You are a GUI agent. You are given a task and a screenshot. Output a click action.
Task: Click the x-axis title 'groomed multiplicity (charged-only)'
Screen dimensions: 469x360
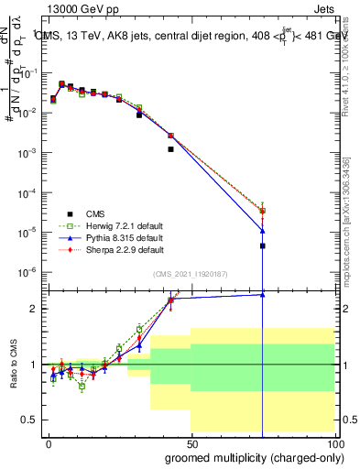pos(255,457)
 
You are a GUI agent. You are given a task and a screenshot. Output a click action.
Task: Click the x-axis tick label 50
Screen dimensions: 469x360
pos(191,442)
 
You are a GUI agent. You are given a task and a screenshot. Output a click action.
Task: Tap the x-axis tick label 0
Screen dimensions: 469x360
pos(48,442)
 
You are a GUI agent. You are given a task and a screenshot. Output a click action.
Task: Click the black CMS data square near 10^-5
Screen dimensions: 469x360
pos(263,245)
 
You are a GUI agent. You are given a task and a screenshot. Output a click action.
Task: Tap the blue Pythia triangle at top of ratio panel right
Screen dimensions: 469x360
pos(263,294)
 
